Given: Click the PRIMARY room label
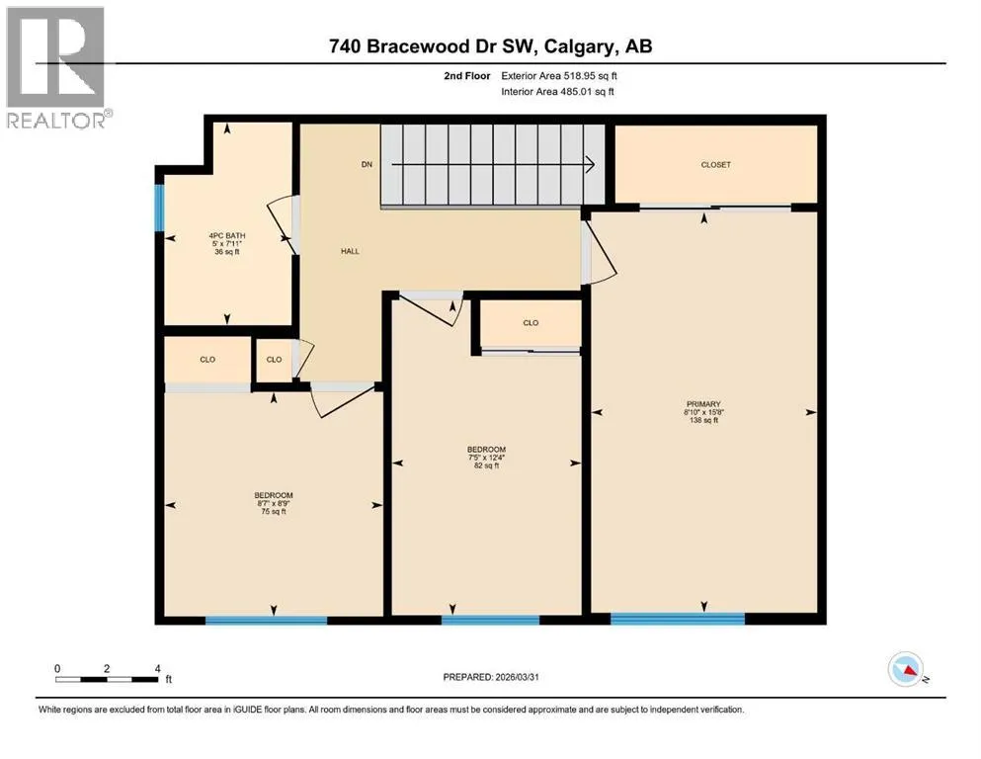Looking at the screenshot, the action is point(703,404).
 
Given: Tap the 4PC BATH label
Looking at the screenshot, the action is point(227,236).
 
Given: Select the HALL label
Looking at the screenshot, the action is point(351,252).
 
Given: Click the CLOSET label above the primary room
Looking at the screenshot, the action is point(715,165).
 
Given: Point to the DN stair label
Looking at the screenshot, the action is point(367,165).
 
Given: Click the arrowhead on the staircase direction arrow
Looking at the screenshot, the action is point(590,165).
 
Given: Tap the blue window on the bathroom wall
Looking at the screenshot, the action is point(159,208).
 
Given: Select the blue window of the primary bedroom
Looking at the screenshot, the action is point(678,619).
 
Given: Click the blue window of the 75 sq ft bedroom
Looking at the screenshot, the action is point(267,620).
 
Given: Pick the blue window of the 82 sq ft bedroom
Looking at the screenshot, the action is point(490,620).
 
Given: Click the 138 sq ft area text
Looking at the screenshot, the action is point(703,420).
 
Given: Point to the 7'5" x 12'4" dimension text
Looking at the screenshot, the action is point(487,458).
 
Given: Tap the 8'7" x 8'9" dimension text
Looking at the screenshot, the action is point(274,503).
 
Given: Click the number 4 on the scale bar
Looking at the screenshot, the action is point(158,668).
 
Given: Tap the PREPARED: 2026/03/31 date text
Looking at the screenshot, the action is point(491,677).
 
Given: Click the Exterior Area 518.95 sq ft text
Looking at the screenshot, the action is point(559,76).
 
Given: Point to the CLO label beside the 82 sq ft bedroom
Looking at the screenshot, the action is point(531,323).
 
